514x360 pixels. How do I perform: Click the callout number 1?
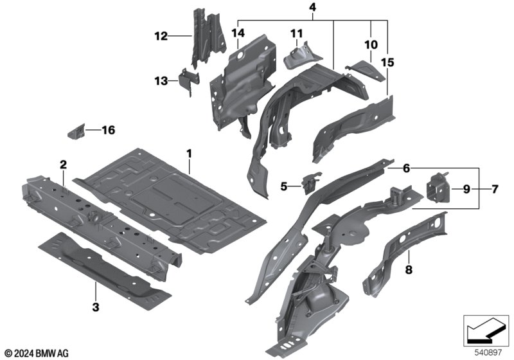(190, 154)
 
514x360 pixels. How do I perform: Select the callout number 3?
(96, 307)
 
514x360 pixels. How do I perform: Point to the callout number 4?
(312, 7)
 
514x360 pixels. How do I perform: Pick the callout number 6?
(405, 168)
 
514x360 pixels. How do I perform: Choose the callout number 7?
(494, 189)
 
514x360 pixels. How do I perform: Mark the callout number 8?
(409, 271)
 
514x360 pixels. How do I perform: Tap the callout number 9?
(466, 189)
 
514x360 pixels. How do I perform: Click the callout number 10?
(371, 45)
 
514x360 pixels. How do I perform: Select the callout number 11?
(296, 33)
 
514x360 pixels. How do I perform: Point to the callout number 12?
(161, 36)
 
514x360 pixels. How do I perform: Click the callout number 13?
(161, 81)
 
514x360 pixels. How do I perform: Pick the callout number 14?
(238, 33)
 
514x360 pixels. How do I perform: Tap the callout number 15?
(387, 63)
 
